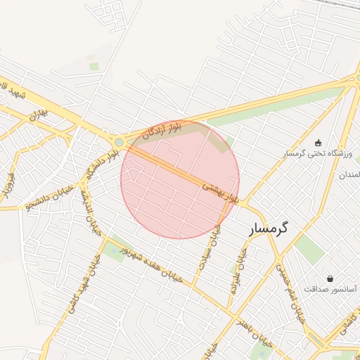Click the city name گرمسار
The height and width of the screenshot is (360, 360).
click(x=271, y=229)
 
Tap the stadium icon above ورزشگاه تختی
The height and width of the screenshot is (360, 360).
click(x=319, y=143)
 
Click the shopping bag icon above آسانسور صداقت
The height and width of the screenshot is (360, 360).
click(x=330, y=278)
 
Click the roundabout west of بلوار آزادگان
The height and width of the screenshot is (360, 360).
click(x=120, y=143)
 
